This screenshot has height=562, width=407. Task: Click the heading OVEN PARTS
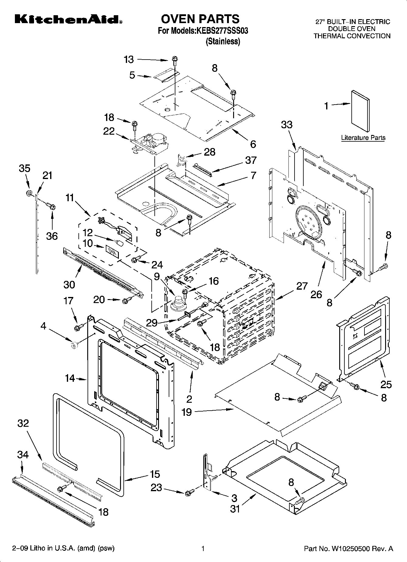point(200,19)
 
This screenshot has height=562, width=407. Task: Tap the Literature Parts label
point(363,138)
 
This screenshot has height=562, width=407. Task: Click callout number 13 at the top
point(129,60)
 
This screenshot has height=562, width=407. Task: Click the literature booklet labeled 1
point(360,112)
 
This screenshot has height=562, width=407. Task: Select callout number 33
point(287,124)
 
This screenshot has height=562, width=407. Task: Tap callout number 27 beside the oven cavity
point(302,286)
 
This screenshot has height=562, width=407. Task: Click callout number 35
point(25,168)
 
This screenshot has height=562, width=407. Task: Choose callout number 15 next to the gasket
point(155,474)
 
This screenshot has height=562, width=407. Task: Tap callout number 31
point(235,508)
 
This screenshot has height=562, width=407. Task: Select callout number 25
point(386,384)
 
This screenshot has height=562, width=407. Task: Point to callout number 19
point(187,412)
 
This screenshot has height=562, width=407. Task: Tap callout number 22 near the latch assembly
point(109,131)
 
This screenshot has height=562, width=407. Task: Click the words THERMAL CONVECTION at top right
point(352,36)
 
